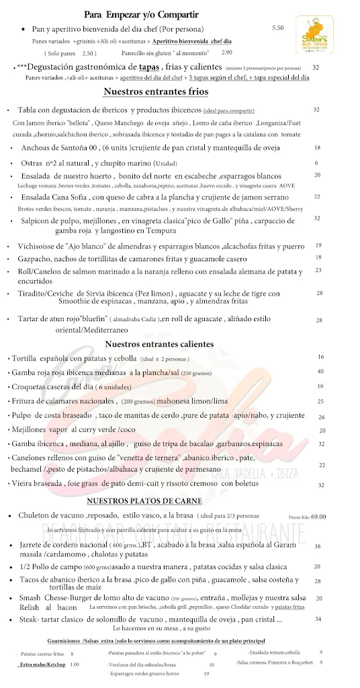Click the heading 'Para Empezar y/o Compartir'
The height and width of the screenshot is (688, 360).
(141, 14)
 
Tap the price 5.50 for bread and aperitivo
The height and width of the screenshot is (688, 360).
(279, 28)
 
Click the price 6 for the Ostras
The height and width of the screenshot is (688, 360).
(316, 163)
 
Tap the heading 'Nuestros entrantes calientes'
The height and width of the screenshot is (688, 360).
(160, 344)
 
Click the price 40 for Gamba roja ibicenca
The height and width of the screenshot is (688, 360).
(321, 372)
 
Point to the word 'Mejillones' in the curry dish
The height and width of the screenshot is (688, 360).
(30, 430)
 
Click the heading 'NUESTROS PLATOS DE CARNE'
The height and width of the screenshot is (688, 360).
(153, 501)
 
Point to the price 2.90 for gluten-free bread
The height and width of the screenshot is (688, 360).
(226, 52)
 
